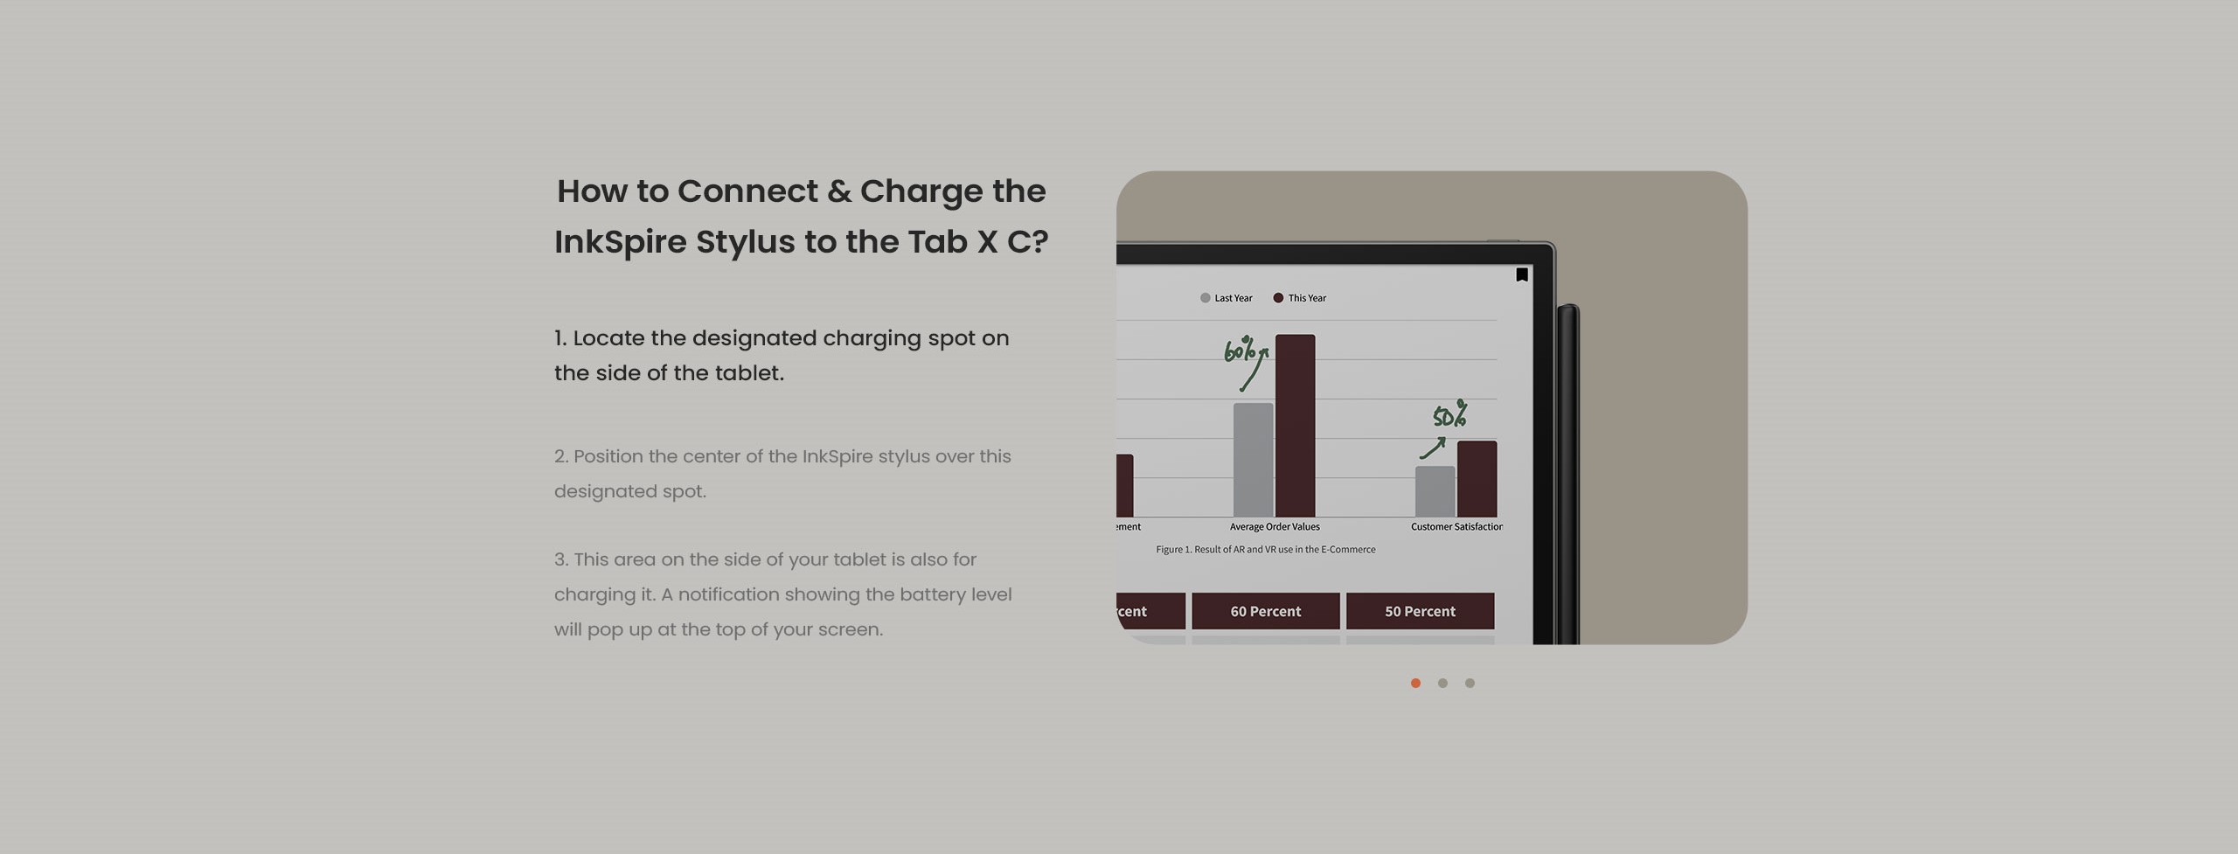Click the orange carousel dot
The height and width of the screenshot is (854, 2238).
pyautogui.click(x=1415, y=683)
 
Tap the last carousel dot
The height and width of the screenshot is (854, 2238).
pyautogui.click(x=1470, y=683)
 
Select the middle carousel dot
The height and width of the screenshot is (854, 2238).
pyautogui.click(x=1442, y=683)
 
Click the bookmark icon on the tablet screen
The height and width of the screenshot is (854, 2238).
pyautogui.click(x=1522, y=274)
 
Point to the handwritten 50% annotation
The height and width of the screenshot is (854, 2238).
pyautogui.click(x=1449, y=415)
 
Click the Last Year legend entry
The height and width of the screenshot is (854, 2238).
pyautogui.click(x=1227, y=298)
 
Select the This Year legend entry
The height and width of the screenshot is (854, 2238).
pyautogui.click(x=1300, y=298)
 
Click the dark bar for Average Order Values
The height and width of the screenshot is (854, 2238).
pyautogui.click(x=1295, y=426)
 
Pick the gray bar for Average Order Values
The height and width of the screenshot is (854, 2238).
pyautogui.click(x=1253, y=460)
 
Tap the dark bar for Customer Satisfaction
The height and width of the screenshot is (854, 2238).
pyautogui.click(x=1477, y=479)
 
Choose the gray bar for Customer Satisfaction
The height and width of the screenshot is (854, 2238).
pyautogui.click(x=1435, y=491)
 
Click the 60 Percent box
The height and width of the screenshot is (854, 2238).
pyautogui.click(x=1265, y=611)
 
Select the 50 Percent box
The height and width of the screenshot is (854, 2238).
pyautogui.click(x=1420, y=611)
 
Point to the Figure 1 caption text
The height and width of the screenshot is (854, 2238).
pyautogui.click(x=1265, y=549)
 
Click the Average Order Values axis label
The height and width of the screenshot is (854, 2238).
pyautogui.click(x=1275, y=526)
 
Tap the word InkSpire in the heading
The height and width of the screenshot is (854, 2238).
pyautogui.click(x=620, y=242)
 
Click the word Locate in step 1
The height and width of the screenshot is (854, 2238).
pyautogui.click(x=608, y=338)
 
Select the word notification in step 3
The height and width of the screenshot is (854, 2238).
pyautogui.click(x=727, y=594)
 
